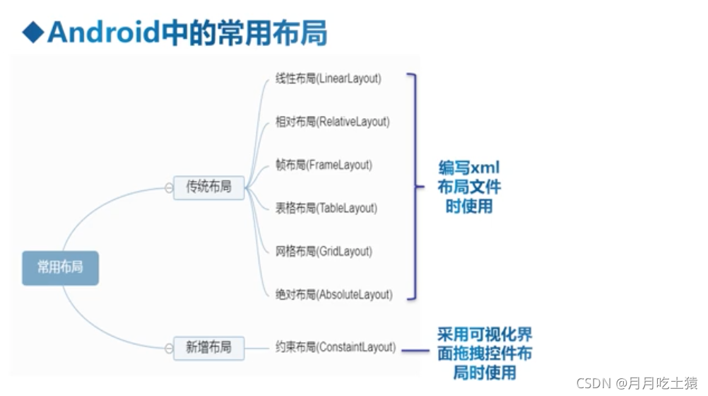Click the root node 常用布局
pos(60,267)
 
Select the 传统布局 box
pos(208,187)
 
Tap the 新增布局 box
pos(208,347)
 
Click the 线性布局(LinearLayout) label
pos(328,78)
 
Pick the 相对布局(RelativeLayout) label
pos(332,122)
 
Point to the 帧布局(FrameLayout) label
pos(323,165)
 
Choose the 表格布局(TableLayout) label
pos(326,208)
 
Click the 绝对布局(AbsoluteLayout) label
pos(334,294)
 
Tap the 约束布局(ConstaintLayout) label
pos(335,347)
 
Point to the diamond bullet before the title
pos(32,33)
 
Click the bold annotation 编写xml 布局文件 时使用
pos(469,187)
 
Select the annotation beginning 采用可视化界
pos(485,353)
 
